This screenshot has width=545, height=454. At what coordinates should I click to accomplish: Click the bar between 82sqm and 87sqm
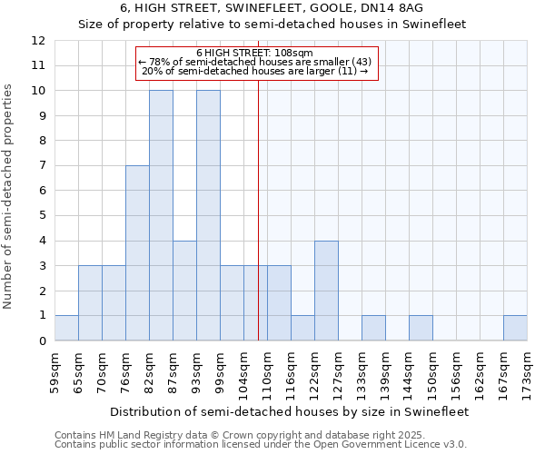[x=161, y=215]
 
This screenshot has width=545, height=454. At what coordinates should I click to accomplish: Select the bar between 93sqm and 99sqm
[x=208, y=215]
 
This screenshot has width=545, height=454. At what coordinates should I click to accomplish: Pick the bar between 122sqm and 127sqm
[x=326, y=291]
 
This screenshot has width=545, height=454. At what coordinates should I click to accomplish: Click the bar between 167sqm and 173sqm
[x=515, y=328]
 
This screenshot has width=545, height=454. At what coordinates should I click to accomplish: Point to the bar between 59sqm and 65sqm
[x=66, y=328]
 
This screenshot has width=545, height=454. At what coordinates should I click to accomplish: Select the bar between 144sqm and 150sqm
[x=421, y=328]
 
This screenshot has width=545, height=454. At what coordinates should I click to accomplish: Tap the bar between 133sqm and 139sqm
[x=373, y=328]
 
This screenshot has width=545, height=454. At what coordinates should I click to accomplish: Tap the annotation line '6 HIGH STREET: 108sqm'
[x=255, y=53]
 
